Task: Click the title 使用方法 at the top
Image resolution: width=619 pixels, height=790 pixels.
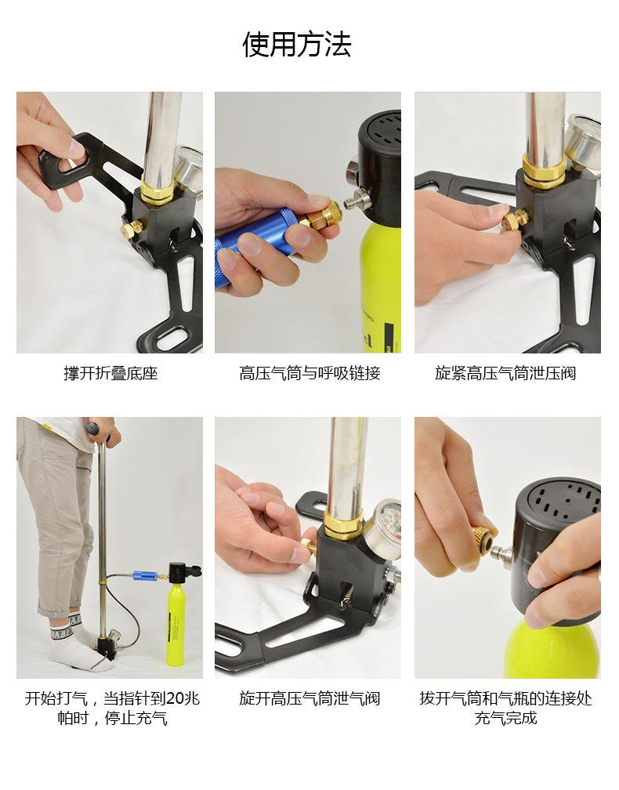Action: coord(297,45)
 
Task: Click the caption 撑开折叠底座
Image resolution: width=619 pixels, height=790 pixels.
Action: coord(110,373)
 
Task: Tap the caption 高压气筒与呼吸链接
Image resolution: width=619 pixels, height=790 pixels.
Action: coord(309,373)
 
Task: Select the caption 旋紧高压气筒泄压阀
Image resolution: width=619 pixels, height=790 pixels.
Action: coord(505,373)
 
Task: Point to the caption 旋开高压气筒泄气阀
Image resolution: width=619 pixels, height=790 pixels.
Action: coord(309,698)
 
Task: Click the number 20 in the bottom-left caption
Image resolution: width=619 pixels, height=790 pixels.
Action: coord(176,698)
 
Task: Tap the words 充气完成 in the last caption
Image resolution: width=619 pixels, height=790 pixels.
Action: coord(505,717)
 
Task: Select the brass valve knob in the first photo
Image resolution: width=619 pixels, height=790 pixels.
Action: coord(130,229)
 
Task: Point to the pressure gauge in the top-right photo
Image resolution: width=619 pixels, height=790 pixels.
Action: coord(583,143)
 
